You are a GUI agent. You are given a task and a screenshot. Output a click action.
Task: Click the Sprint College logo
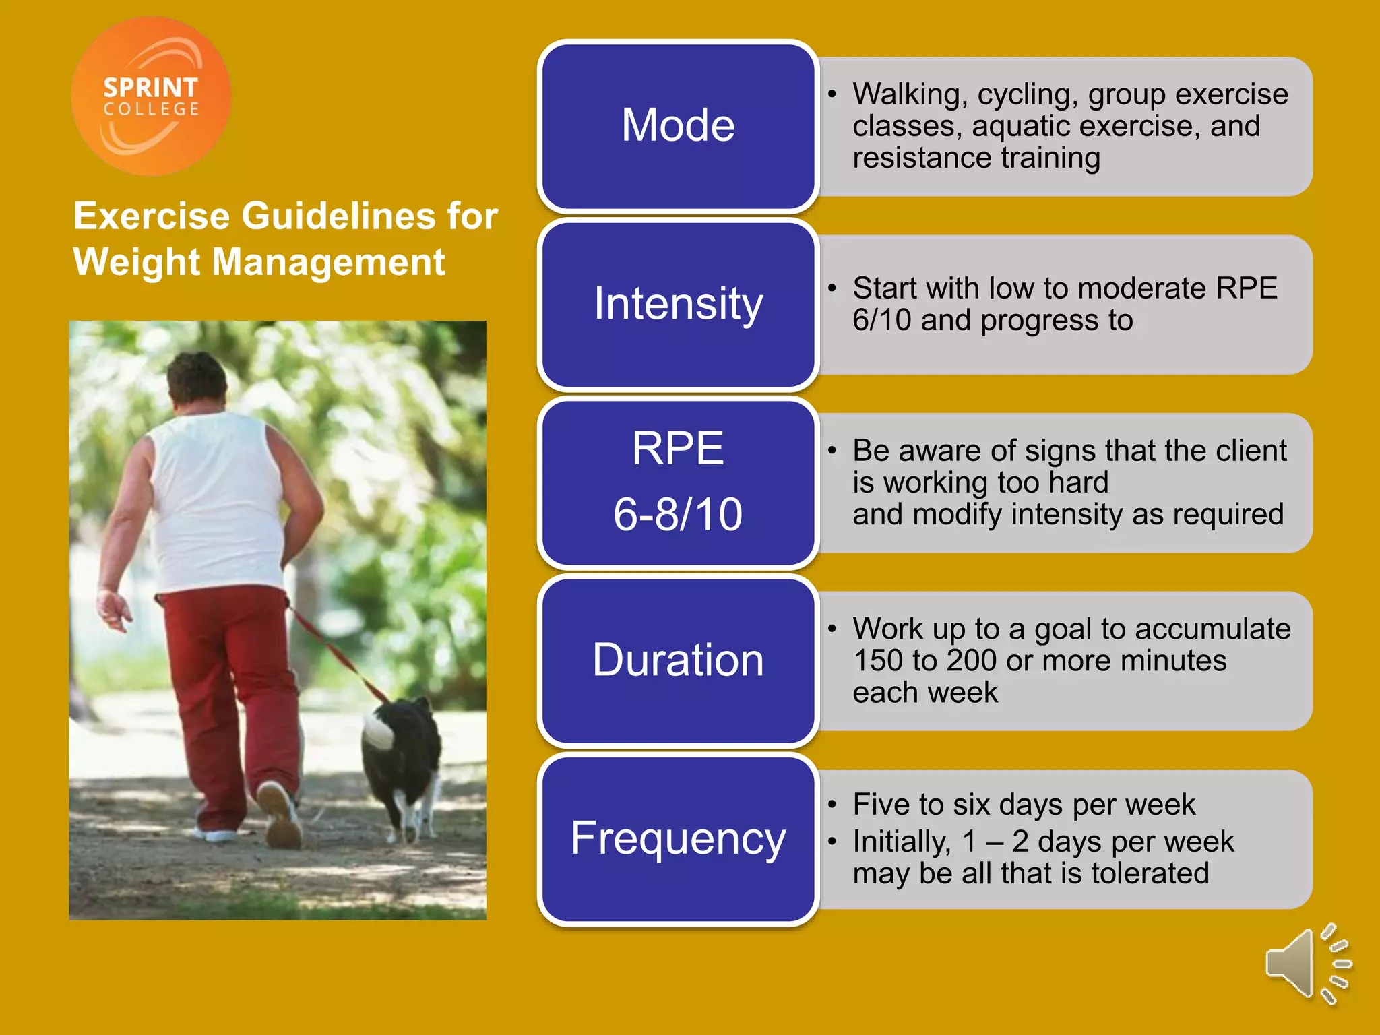click(x=151, y=96)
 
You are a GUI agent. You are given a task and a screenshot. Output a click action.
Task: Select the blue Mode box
click(x=678, y=126)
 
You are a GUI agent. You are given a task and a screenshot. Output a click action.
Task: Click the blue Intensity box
click(x=678, y=304)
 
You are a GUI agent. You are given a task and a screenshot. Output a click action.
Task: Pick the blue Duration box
click(x=678, y=660)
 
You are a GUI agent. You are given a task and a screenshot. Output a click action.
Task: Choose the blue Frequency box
click(x=678, y=839)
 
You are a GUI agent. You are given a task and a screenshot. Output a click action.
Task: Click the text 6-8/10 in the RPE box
click(x=678, y=515)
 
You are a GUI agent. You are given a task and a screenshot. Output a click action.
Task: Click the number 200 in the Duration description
click(x=971, y=661)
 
